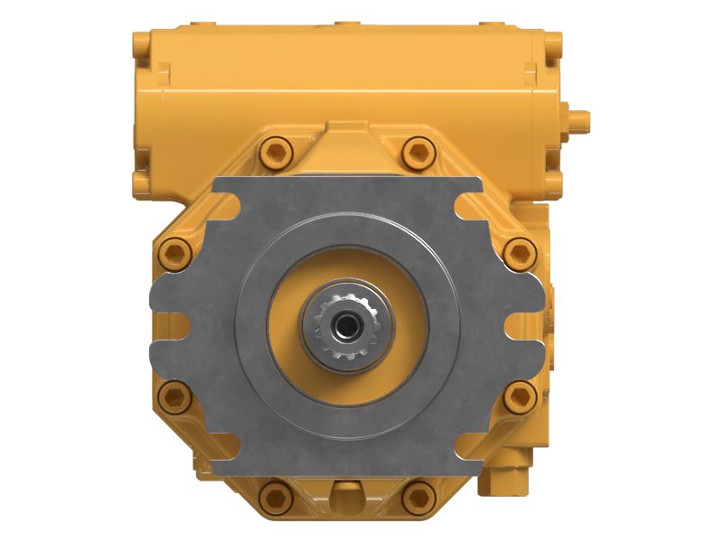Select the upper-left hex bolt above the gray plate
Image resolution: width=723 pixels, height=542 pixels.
[x=275, y=152]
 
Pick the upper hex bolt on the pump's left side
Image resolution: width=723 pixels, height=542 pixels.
[x=175, y=252]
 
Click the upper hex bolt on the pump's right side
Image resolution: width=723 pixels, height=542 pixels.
[x=519, y=252]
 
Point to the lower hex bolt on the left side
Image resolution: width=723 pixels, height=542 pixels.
[x=175, y=396]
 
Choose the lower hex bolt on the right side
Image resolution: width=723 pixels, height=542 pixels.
[x=519, y=396]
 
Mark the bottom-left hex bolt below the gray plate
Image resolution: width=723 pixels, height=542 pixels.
[x=275, y=496]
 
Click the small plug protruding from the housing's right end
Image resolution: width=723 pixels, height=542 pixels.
[x=578, y=117]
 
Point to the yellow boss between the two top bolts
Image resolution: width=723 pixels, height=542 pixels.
[x=347, y=135]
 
